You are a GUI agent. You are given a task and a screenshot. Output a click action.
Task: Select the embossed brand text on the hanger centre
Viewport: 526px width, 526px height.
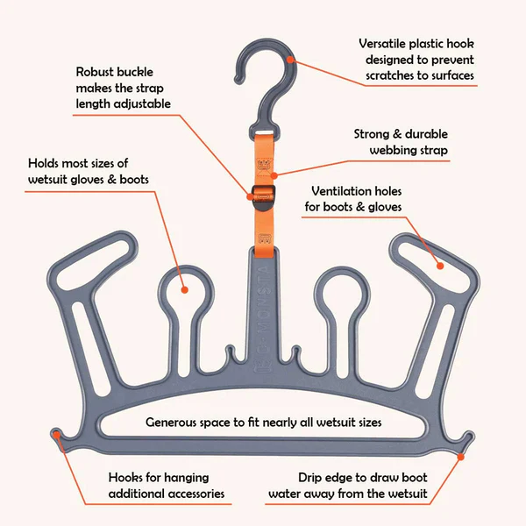[263, 307]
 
